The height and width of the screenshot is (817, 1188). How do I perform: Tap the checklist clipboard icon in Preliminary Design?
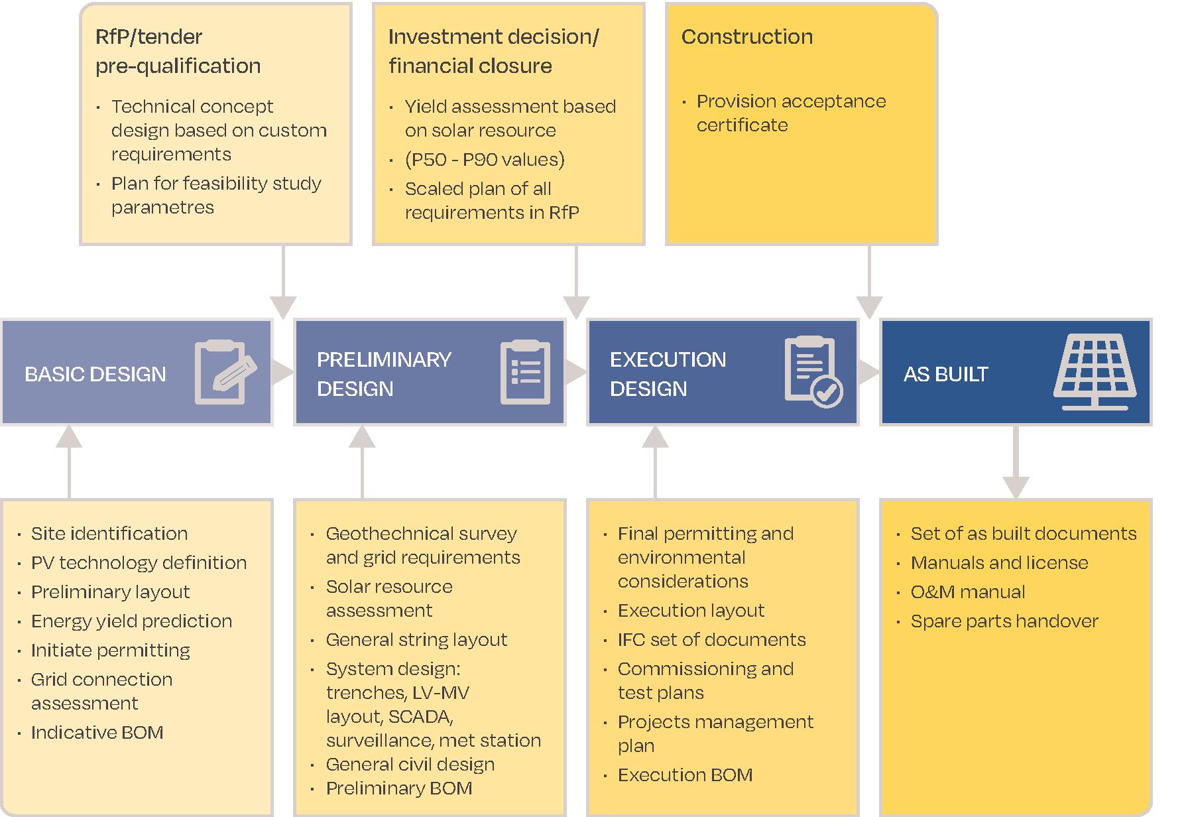click(x=525, y=372)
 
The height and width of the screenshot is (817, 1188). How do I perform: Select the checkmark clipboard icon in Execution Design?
click(x=813, y=372)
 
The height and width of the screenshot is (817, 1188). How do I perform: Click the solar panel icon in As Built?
click(x=1095, y=372)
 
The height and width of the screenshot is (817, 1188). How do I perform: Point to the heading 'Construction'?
click(x=746, y=36)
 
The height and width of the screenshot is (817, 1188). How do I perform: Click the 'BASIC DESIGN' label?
click(x=95, y=374)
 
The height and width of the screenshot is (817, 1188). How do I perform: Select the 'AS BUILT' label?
click(x=945, y=374)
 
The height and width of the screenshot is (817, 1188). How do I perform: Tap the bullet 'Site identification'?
click(x=109, y=533)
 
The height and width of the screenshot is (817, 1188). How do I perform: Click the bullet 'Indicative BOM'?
click(x=97, y=732)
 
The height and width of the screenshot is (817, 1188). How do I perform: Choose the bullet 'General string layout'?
click(x=416, y=639)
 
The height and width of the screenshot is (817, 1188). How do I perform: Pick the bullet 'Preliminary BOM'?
click(x=399, y=788)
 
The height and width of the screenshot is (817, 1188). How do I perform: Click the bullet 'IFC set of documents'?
click(x=711, y=639)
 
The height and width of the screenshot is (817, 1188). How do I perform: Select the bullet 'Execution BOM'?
click(x=685, y=775)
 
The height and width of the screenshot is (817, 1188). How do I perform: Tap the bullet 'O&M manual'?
click(x=968, y=592)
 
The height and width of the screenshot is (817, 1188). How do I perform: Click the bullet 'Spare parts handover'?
click(x=1004, y=621)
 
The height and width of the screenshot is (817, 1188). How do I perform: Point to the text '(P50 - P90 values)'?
click(x=485, y=159)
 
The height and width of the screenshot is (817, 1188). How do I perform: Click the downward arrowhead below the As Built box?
click(x=1016, y=487)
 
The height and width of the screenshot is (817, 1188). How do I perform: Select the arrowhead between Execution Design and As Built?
click(x=869, y=372)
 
